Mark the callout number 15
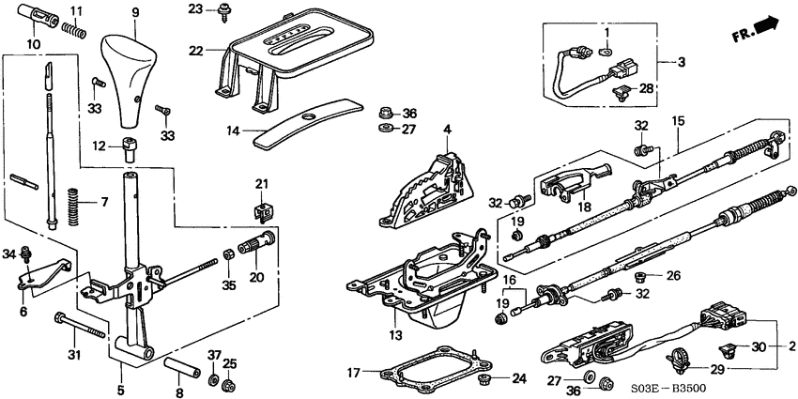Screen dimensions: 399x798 (x=679, y=121)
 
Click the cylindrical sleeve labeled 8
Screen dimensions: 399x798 (x=179, y=365)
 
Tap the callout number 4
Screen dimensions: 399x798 (x=448, y=129)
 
